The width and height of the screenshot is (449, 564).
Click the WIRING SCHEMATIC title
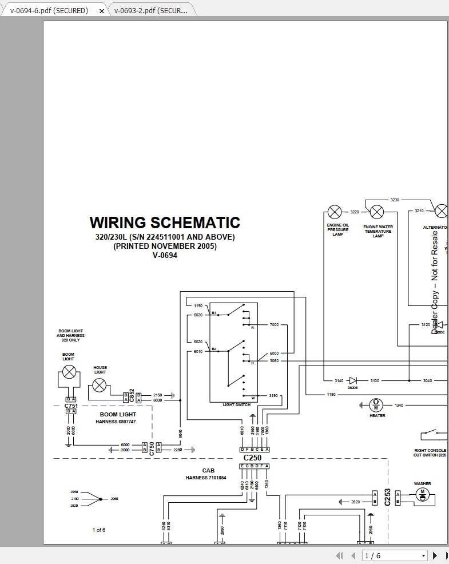165,223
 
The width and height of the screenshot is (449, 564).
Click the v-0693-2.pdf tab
150,10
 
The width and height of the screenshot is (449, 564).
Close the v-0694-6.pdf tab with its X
102,11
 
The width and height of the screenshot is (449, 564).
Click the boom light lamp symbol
69,372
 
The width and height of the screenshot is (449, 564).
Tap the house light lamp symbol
100,385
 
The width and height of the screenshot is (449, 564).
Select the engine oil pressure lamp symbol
334,212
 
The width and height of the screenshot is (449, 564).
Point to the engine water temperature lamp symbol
376,212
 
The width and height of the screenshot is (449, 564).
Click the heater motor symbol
376,405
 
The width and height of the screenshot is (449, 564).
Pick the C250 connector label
252,458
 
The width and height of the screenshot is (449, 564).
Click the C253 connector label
387,497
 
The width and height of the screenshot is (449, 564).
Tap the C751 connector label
70,405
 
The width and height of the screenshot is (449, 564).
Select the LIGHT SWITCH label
236,404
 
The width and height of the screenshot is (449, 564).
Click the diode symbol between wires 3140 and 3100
353,380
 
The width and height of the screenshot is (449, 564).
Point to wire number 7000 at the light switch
274,325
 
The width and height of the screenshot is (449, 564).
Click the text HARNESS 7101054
206,478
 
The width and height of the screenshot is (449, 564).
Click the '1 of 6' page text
99,530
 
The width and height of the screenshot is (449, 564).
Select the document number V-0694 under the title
165,256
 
